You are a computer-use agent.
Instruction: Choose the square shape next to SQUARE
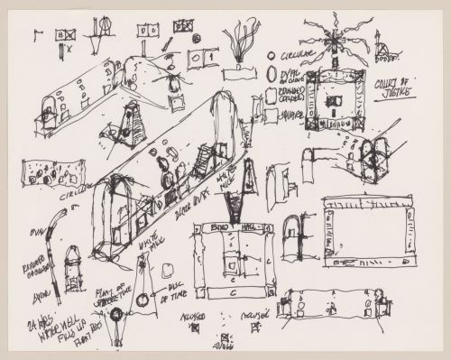272,115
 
